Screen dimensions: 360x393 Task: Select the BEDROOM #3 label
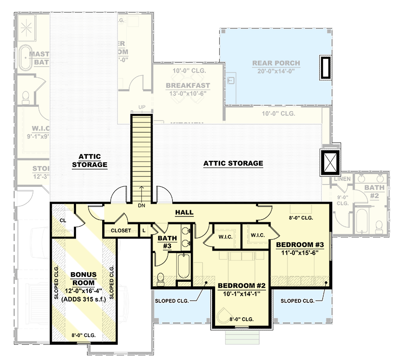pos(300,244)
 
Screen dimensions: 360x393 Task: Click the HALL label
pos(184,212)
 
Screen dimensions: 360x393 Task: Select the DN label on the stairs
pos(142,205)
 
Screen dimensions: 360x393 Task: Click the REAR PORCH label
pos(276,63)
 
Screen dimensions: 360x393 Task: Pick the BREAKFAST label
pos(188,85)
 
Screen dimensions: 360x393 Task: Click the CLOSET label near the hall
pos(121,230)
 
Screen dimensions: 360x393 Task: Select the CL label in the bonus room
pos(62,220)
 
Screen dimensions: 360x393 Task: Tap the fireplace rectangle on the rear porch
pos(325,67)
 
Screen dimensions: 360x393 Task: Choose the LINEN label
pos(342,179)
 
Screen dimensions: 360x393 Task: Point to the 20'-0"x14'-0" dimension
pos(276,71)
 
